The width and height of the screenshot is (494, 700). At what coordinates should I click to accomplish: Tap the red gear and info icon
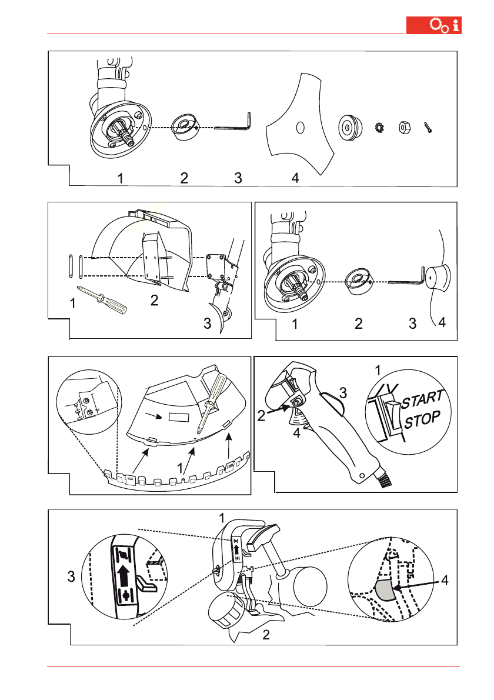point(446,26)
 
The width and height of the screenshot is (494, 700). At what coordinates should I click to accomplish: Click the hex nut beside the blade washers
point(405,126)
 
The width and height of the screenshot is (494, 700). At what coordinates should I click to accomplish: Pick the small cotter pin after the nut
point(428,128)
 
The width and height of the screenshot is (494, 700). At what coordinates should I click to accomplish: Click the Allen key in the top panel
point(234,125)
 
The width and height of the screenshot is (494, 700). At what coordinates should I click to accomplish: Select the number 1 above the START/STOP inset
point(379,371)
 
